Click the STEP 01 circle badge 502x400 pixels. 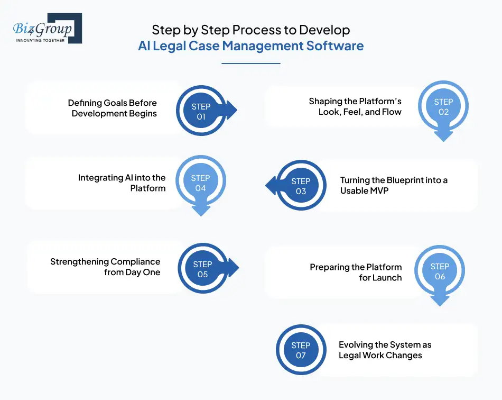click(x=201, y=112)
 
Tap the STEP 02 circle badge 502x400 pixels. click(x=443, y=107)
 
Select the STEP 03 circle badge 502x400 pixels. click(x=301, y=186)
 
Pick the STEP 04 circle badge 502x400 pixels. click(x=200, y=183)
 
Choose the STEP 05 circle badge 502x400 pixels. click(x=202, y=269)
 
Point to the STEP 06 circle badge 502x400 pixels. click(x=440, y=271)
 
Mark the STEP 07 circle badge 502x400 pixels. click(x=301, y=350)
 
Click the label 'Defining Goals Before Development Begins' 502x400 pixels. click(x=113, y=108)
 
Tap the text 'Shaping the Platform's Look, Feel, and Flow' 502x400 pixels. click(x=355, y=106)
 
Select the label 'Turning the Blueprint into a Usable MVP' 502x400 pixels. click(x=394, y=185)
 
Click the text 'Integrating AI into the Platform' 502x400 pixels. click(x=122, y=183)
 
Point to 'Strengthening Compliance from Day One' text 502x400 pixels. click(x=105, y=267)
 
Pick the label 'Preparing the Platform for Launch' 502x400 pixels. click(x=356, y=272)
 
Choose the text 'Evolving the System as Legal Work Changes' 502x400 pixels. click(x=385, y=350)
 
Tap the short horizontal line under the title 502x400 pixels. click(x=250, y=63)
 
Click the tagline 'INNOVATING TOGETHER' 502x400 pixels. click(x=40, y=40)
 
